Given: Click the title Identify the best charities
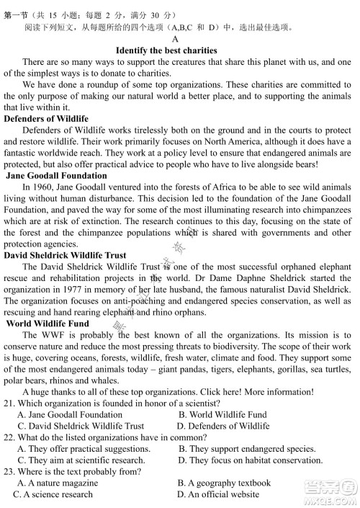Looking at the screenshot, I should pos(166,50).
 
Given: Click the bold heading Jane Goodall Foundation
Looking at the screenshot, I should pos(58,175).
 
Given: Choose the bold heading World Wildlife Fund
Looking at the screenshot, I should pos(53,324).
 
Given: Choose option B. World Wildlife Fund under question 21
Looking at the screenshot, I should pos(222,414).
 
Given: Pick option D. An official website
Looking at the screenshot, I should pos(218,494).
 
